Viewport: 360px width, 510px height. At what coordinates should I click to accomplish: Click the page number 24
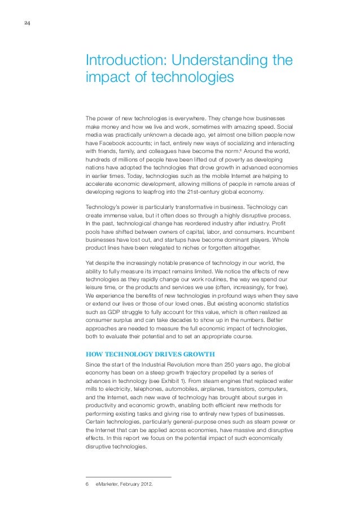(x=27, y=23)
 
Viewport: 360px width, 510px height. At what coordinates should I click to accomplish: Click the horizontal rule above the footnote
(x=128, y=477)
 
